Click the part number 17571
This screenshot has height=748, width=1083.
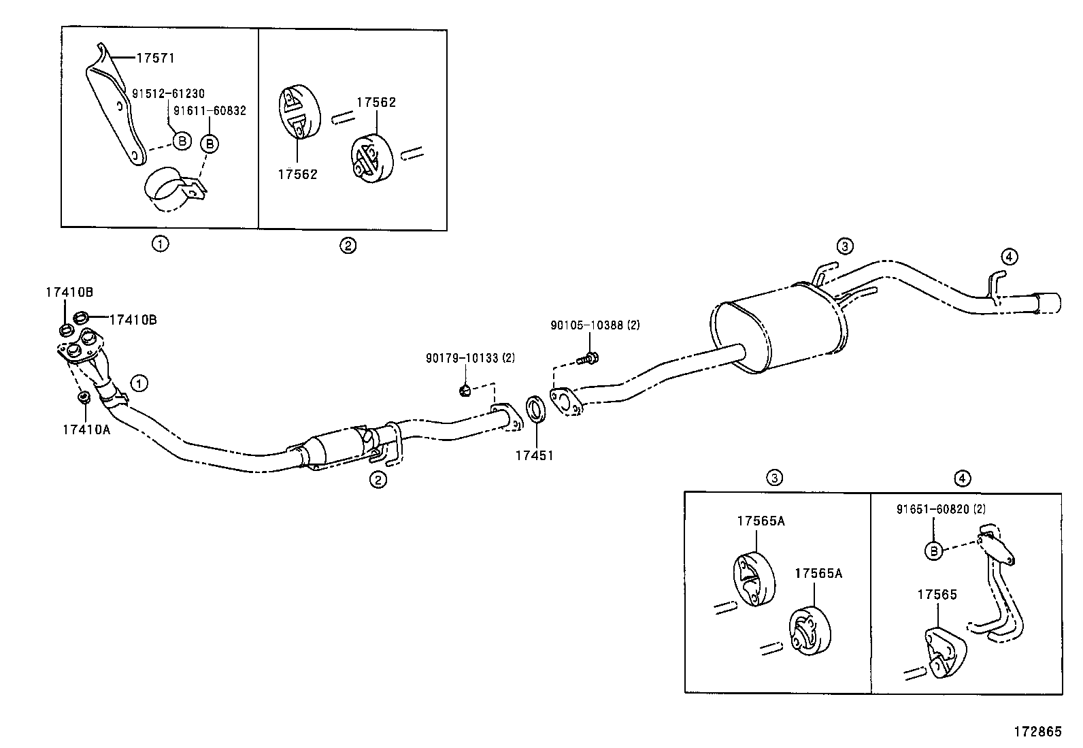(155, 59)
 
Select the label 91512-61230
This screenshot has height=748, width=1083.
(167, 94)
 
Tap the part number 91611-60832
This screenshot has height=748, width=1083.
(210, 111)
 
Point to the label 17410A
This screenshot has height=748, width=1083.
(86, 429)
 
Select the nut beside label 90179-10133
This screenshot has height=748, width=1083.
(465, 390)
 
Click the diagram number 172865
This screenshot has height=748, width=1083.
(1037, 732)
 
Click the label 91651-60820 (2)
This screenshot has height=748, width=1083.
(941, 508)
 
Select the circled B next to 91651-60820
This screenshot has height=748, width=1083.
(935, 551)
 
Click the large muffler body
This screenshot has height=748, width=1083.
(776, 327)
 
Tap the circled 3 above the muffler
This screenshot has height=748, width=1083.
(844, 246)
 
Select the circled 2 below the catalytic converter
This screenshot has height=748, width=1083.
(378, 480)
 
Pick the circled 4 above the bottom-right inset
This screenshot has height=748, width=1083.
(961, 478)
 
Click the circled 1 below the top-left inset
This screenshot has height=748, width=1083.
(160, 244)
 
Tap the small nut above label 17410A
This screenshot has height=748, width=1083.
(84, 397)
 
